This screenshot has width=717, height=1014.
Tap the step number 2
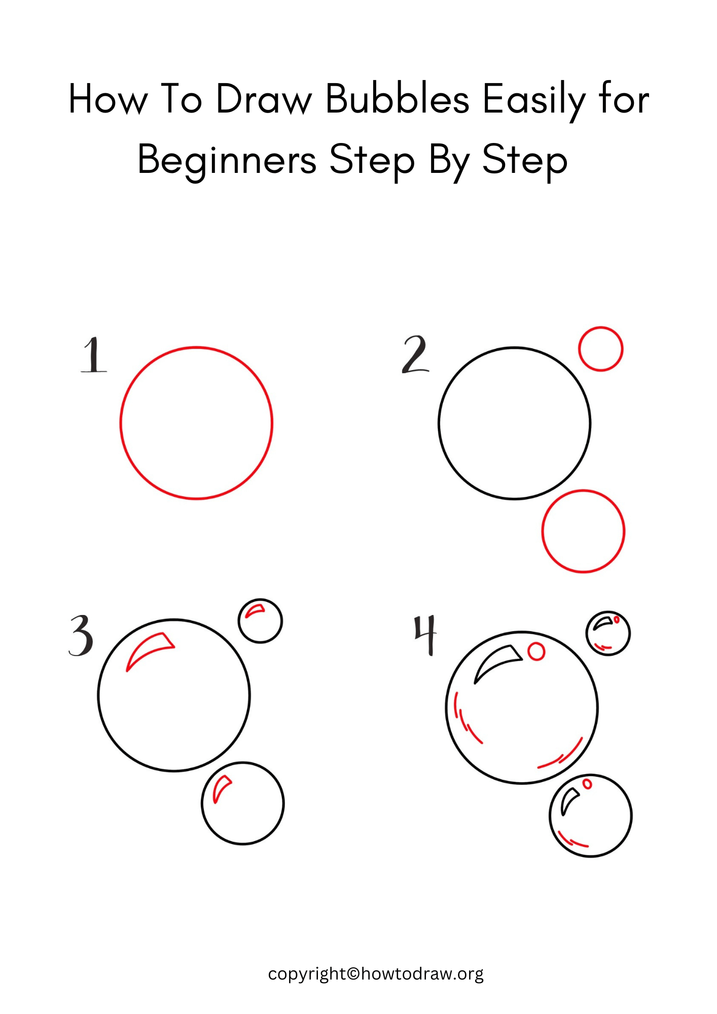point(415,355)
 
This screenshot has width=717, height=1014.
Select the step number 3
point(81,636)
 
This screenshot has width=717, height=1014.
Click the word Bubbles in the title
point(397,99)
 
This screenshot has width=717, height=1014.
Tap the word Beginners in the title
point(227,160)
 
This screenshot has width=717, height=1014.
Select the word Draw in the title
point(264,99)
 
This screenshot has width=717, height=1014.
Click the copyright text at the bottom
point(375,973)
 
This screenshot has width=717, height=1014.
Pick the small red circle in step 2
point(600,349)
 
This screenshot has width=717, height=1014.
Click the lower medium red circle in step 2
point(583,531)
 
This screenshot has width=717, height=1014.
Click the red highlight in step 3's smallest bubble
point(255,610)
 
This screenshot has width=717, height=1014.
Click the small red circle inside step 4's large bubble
point(536,651)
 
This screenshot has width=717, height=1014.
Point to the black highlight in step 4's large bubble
point(496,661)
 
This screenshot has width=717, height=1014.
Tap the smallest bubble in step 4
point(608,634)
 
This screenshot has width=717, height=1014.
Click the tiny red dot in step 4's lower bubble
point(587,784)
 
